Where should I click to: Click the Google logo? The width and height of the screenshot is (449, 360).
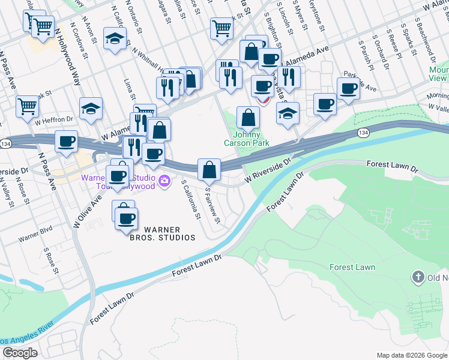click(20, 353)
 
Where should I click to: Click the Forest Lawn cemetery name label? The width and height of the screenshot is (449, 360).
click(352, 267)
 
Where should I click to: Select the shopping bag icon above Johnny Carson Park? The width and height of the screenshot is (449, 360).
click(247, 116)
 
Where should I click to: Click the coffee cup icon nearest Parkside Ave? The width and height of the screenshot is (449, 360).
click(348, 89)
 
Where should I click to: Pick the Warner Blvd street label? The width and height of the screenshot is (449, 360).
click(35, 233)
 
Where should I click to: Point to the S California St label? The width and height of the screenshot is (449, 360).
click(190, 199)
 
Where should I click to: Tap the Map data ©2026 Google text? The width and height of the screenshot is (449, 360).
click(411, 355)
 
